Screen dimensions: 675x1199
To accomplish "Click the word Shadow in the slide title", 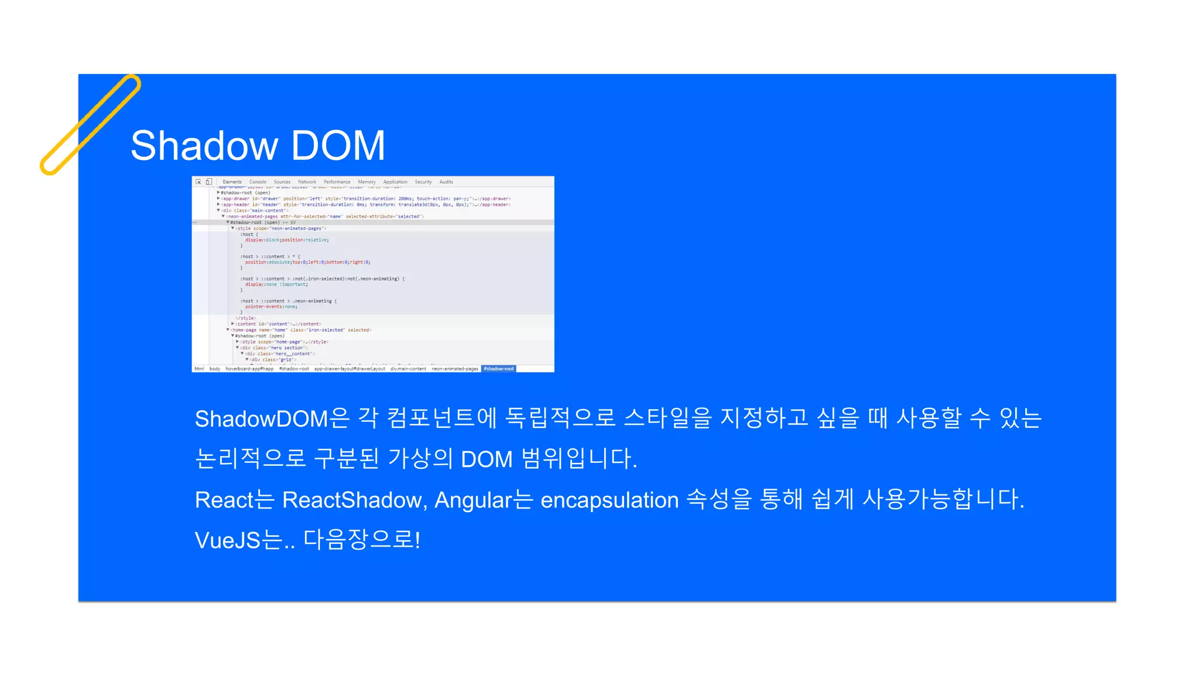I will (x=204, y=145).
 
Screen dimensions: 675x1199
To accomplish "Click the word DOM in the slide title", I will (x=338, y=145).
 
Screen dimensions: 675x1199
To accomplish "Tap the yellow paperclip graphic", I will (x=90, y=124).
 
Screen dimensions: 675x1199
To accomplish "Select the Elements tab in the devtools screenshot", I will (x=232, y=182).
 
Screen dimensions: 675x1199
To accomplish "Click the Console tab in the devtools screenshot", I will (x=258, y=182).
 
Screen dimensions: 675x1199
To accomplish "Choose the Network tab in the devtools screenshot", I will (x=307, y=182).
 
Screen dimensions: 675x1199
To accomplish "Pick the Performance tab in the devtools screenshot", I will (x=337, y=182).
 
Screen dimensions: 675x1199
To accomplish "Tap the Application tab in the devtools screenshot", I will (x=395, y=182).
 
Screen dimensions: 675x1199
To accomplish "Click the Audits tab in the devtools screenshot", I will (x=446, y=182).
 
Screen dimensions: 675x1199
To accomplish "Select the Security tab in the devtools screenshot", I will (x=423, y=182).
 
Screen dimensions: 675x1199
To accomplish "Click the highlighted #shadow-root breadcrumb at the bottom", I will (x=499, y=369).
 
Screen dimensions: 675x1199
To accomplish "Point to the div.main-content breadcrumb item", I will (x=408, y=369).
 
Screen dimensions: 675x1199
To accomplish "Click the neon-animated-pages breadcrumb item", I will (x=455, y=369).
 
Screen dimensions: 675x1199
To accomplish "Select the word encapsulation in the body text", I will (x=609, y=500).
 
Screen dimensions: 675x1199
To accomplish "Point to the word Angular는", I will (x=484, y=500).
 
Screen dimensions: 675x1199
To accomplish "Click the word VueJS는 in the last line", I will (x=238, y=540).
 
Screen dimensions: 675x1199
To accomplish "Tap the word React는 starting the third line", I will (x=234, y=500).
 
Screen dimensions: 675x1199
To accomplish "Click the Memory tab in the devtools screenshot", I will (x=366, y=182).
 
